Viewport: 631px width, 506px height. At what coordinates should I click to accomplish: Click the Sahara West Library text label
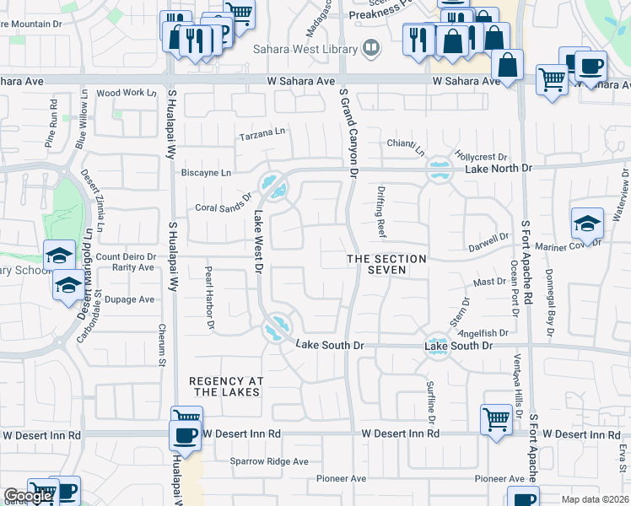(x=305, y=48)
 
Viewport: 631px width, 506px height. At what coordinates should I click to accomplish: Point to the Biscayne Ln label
(x=206, y=173)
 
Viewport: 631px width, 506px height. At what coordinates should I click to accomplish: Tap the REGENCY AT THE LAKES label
(x=226, y=387)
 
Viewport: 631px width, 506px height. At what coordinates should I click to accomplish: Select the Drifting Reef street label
(x=381, y=212)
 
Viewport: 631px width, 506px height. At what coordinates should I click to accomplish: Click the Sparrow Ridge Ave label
(x=270, y=461)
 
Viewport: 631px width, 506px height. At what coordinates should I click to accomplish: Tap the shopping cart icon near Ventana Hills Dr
(x=496, y=418)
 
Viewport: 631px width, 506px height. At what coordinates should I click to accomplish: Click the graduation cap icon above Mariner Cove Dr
(x=586, y=223)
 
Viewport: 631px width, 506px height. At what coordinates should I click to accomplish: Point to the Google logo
(x=27, y=496)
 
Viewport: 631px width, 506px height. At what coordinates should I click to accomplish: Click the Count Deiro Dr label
(x=127, y=256)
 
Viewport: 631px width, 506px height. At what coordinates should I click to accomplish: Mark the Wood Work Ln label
(x=127, y=94)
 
